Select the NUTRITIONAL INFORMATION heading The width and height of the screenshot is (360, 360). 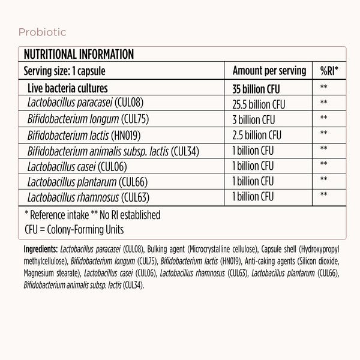click(78, 55)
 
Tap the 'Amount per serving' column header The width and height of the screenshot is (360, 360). click(269, 70)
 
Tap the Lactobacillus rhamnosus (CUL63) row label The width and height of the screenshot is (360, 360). click(88, 196)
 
